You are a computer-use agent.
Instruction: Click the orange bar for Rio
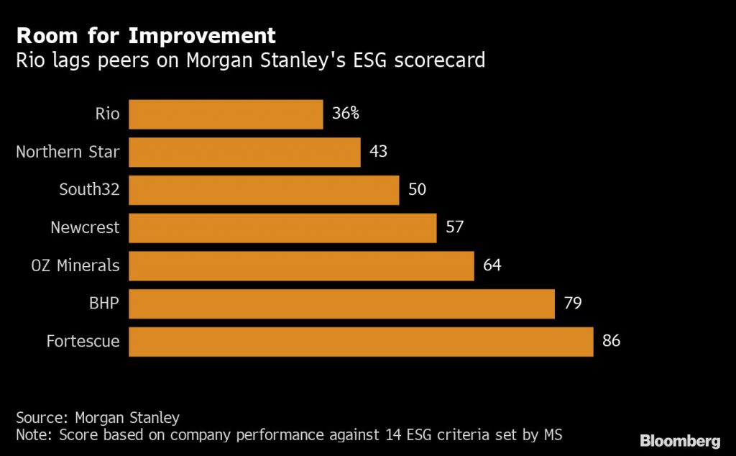click(x=226, y=114)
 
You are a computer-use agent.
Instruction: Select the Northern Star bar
click(x=244, y=152)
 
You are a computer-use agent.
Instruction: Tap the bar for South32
click(x=264, y=190)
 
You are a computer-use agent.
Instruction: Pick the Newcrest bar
click(x=282, y=228)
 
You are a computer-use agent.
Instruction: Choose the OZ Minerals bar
click(x=301, y=265)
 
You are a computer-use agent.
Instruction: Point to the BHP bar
click(x=341, y=304)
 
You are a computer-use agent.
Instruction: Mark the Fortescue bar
click(x=361, y=341)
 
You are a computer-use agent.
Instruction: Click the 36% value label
click(x=346, y=114)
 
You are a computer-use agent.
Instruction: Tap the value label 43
click(x=378, y=152)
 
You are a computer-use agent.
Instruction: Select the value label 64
click(x=492, y=265)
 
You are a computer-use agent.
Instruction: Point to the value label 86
click(x=611, y=341)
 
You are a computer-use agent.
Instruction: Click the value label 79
click(x=572, y=304)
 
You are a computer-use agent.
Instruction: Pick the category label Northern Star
click(x=68, y=152)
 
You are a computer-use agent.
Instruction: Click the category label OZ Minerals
click(x=75, y=265)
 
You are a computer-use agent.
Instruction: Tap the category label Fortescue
click(x=83, y=341)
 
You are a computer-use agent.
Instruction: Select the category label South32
click(x=89, y=190)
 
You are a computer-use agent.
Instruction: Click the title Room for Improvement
click(x=146, y=35)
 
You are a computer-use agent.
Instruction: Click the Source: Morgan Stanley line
click(x=98, y=417)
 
